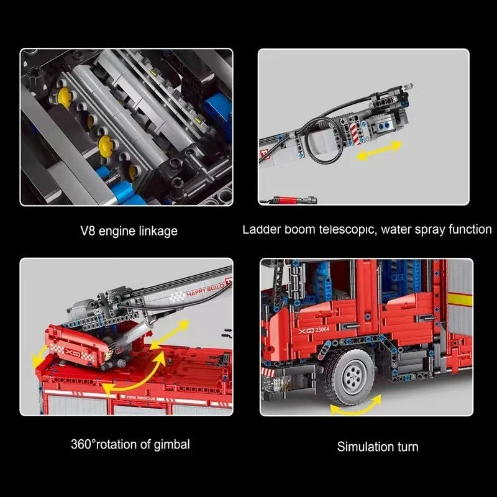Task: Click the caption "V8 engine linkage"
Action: click(129, 231)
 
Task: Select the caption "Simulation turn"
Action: click(378, 447)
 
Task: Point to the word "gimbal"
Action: click(172, 444)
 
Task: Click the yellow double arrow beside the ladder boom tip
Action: click(380, 150)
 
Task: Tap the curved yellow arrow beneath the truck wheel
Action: click(356, 406)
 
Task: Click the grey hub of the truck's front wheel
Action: click(352, 376)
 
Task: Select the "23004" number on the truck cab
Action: click(322, 330)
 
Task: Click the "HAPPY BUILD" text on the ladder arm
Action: click(205, 290)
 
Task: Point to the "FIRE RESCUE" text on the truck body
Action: click(140, 398)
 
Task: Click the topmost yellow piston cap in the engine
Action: click(65, 95)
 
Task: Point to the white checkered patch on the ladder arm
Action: click(176, 297)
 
